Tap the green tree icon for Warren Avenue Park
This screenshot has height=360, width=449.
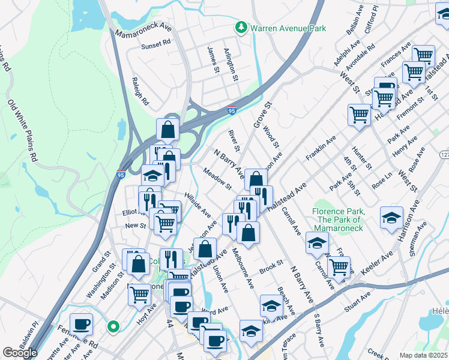[x=241, y=28]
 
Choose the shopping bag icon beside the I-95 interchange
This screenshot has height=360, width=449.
[x=167, y=129]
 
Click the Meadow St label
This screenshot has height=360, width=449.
[x=217, y=178]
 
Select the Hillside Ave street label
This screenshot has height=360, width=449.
[x=197, y=205]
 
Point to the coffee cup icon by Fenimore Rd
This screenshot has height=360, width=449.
[x=82, y=324]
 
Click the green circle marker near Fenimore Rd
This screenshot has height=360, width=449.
[x=113, y=327]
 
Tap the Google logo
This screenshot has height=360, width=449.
[x=20, y=353]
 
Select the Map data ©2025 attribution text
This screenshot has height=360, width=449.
[x=423, y=355]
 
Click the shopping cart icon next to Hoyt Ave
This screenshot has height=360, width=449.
[x=139, y=294]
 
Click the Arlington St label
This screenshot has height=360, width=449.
[x=231, y=61]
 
